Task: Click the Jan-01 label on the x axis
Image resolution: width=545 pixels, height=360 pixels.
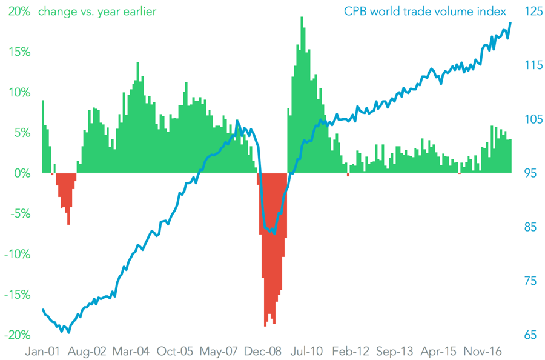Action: click(x=42, y=351)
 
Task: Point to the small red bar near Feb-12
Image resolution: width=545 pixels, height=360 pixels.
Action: click(x=348, y=175)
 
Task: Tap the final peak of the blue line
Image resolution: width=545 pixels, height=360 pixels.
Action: click(x=510, y=23)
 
